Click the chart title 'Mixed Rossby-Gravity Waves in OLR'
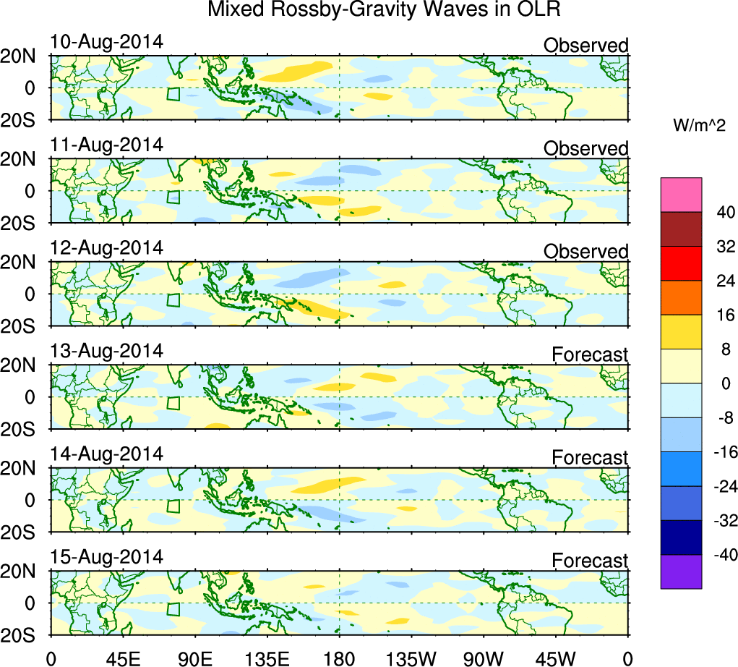pyautogui.click(x=384, y=10)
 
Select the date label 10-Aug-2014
pyautogui.click(x=106, y=42)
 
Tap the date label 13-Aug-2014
pyautogui.click(x=106, y=351)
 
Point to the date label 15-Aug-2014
pyautogui.click(x=106, y=557)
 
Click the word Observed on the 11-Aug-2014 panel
pyautogui.click(x=585, y=149)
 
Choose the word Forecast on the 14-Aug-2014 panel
pyautogui.click(x=590, y=458)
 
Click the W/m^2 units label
pyautogui.click(x=700, y=126)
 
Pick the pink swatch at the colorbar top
pyautogui.click(x=681, y=195)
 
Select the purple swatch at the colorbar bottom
pyautogui.click(x=681, y=572)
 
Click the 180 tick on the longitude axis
pyautogui.click(x=339, y=658)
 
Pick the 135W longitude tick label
pyautogui.click(x=411, y=658)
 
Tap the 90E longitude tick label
pyautogui.click(x=194, y=658)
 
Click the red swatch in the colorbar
pyautogui.click(x=681, y=263)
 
